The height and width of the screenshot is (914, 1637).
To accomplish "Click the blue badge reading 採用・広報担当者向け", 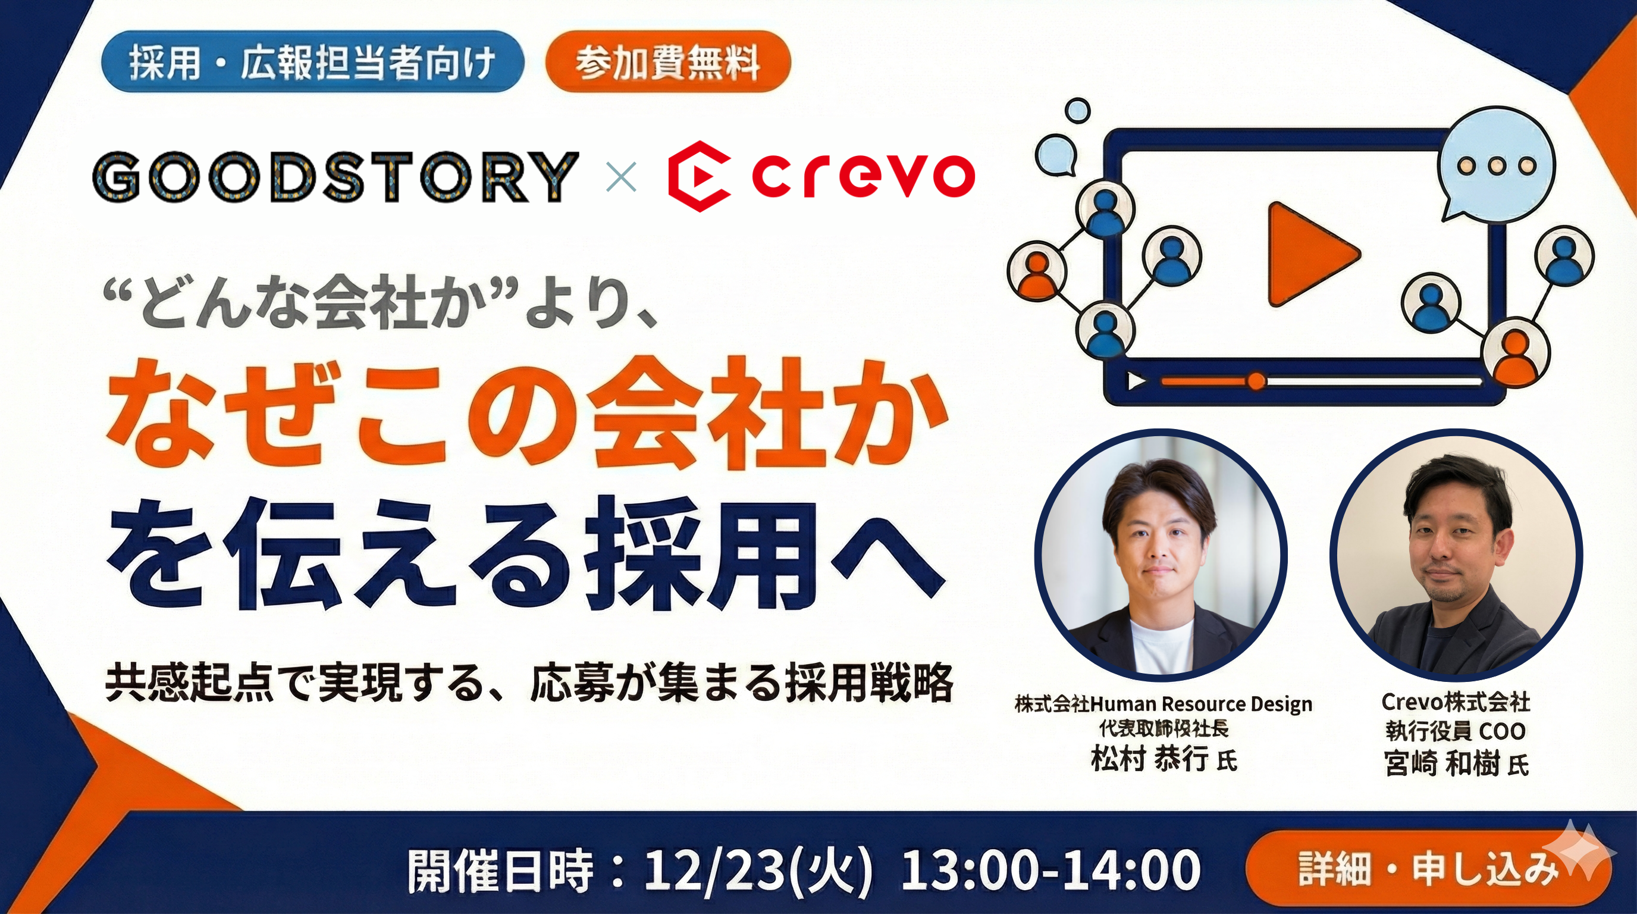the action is [x=313, y=62].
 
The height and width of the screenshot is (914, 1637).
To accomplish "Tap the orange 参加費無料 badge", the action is [x=667, y=62].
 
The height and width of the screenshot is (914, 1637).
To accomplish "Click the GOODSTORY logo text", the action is [x=335, y=176].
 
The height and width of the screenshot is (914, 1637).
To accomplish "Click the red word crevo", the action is [x=863, y=177].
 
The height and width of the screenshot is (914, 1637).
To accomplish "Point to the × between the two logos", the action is [x=621, y=177].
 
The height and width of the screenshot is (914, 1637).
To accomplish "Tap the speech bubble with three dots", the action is [x=1495, y=167].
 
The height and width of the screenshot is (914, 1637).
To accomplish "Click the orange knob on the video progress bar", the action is [x=1256, y=381].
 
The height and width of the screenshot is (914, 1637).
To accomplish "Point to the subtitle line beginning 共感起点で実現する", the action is [x=529, y=683].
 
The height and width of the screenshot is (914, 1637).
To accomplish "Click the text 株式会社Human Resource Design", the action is [x=1164, y=705].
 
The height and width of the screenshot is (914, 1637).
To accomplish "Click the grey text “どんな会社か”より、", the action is [x=381, y=305].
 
